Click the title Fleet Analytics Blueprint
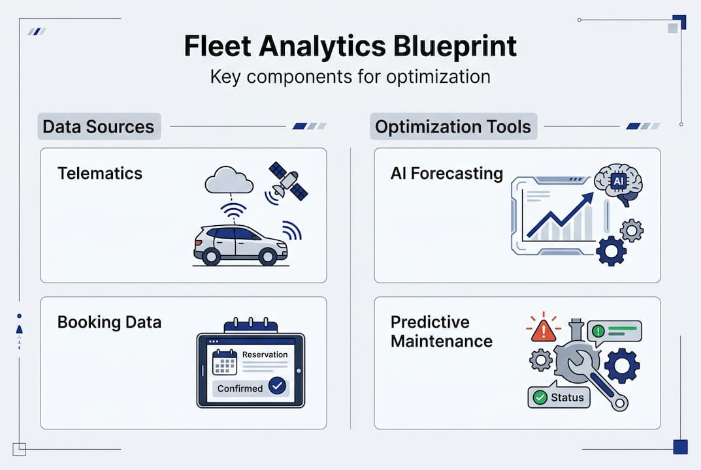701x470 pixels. [x=350, y=46]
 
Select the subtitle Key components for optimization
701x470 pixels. [x=350, y=76]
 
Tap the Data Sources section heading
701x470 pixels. [x=98, y=127]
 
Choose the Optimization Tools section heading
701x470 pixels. [x=453, y=127]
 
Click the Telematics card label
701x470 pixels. [x=99, y=173]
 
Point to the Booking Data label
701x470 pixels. [x=109, y=322]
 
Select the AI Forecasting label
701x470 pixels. [x=446, y=173]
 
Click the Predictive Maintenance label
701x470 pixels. [x=441, y=331]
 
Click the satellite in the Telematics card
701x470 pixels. [x=288, y=181]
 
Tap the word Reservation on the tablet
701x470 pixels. [x=265, y=354]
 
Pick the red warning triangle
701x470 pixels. [x=543, y=330]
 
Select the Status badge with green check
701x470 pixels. [x=559, y=397]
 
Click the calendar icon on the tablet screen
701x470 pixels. [x=225, y=362]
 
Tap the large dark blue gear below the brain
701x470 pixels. [x=611, y=251]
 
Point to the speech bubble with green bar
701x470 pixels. [x=614, y=331]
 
